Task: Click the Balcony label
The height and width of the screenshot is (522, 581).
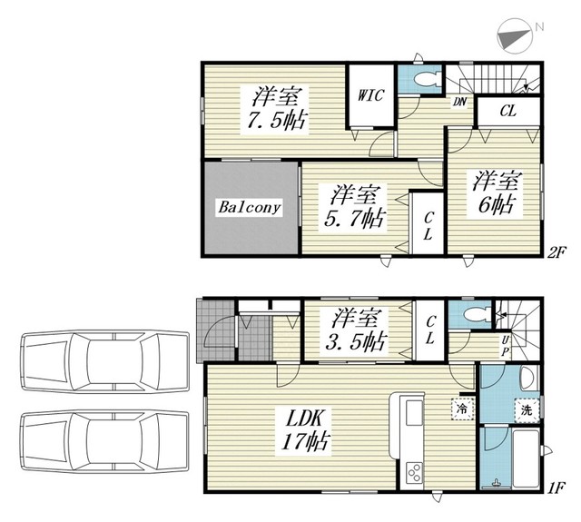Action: point(249,207)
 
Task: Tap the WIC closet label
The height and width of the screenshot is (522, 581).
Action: point(370,95)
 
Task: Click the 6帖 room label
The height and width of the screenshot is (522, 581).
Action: point(497,192)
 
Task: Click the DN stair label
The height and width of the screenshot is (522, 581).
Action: point(459,102)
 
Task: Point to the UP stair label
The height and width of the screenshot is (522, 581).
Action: point(505,346)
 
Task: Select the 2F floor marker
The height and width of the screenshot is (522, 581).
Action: point(556,253)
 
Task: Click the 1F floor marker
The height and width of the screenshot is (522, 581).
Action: point(556,488)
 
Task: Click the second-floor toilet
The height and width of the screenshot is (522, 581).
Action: point(427,79)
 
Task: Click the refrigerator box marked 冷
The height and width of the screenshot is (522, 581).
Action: point(462,409)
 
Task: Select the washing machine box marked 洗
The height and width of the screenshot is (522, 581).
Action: point(527,410)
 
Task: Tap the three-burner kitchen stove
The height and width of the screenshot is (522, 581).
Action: point(414,472)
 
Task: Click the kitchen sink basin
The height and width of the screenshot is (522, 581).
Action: point(414,413)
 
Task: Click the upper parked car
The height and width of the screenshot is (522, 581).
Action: point(105,360)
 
